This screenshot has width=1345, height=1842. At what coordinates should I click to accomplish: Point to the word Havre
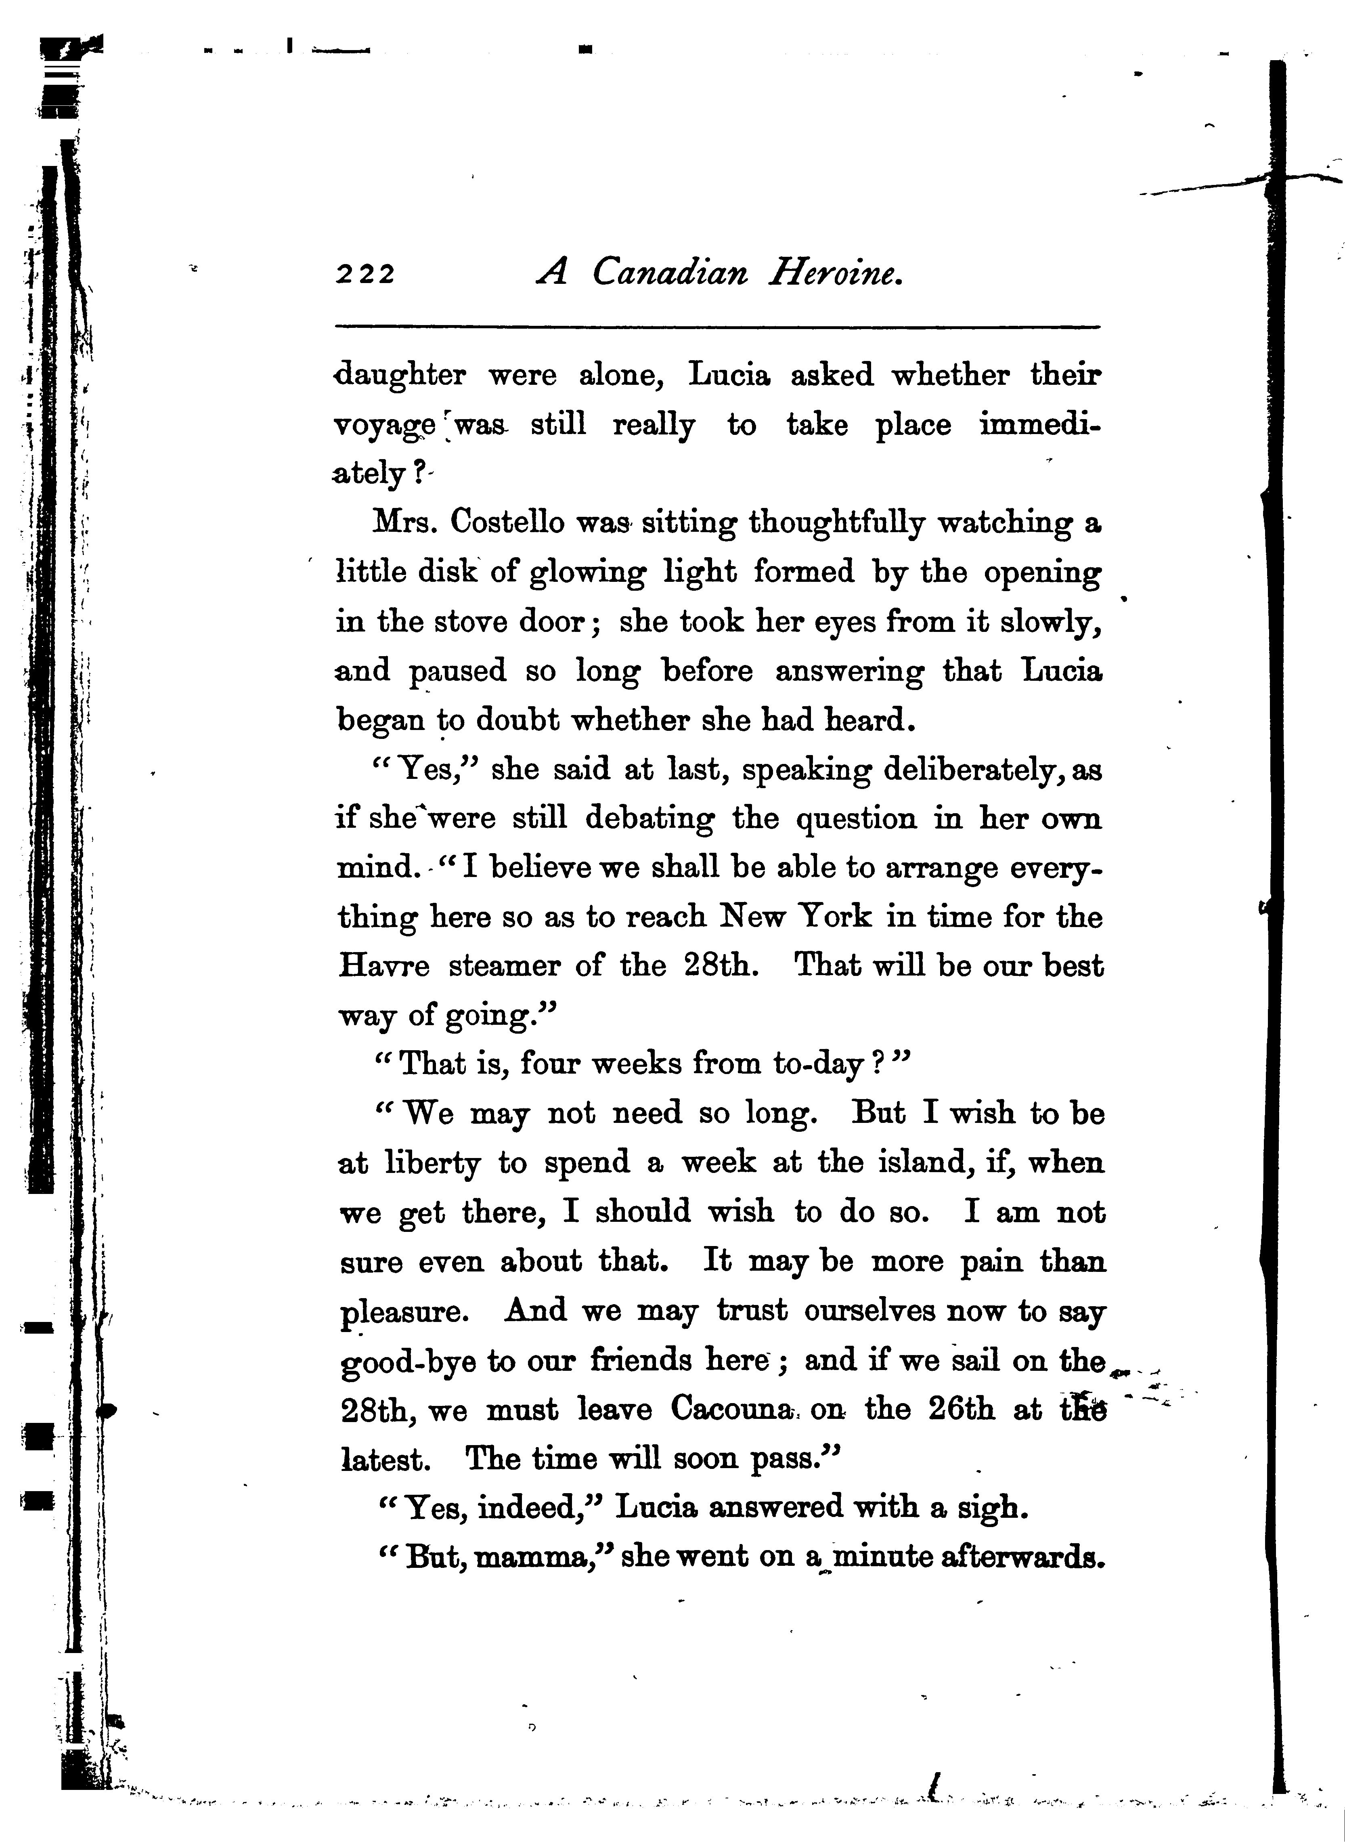click(383, 967)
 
